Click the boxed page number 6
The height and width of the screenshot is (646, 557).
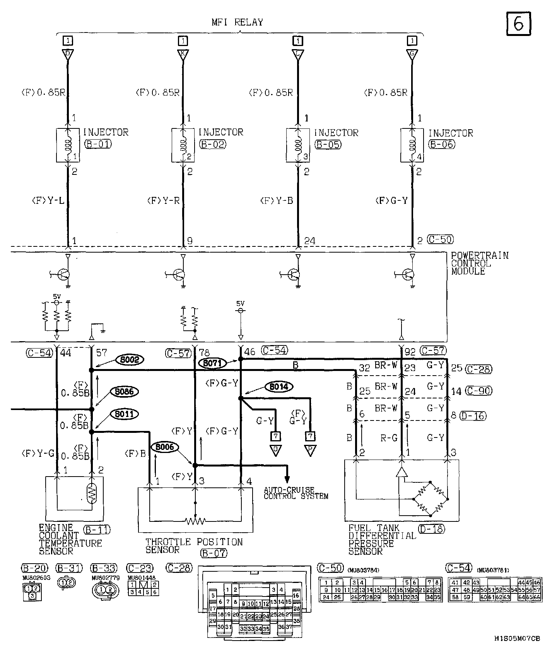(518, 24)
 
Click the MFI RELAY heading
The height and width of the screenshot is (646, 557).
(237, 22)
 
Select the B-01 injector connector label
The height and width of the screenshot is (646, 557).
(98, 145)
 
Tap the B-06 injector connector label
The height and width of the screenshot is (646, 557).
(442, 145)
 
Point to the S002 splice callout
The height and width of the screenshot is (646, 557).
(130, 360)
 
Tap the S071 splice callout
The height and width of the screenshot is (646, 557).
(212, 363)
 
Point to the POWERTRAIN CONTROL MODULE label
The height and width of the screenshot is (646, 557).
(480, 263)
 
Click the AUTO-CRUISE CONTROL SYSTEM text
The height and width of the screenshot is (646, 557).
(296, 493)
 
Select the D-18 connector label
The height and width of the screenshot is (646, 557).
(431, 529)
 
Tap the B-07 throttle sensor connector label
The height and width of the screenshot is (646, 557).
(214, 553)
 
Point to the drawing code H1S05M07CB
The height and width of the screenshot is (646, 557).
(516, 638)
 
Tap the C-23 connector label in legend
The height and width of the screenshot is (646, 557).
(140, 568)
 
